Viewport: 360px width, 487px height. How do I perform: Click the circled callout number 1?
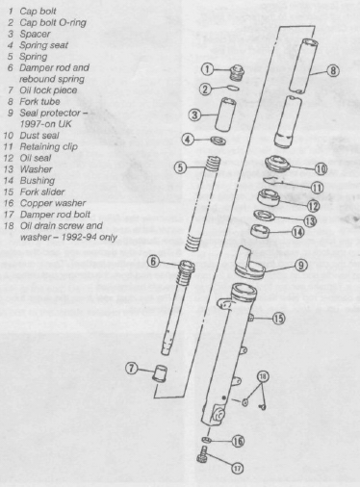(x=207, y=69)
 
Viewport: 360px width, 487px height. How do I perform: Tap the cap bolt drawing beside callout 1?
(x=237, y=72)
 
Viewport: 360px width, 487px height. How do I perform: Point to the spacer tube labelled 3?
(x=225, y=115)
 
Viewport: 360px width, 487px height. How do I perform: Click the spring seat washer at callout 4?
(x=219, y=141)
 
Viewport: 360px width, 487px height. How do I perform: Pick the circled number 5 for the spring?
(x=180, y=167)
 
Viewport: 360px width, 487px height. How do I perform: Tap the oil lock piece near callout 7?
(x=160, y=372)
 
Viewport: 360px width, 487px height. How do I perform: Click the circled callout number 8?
(x=333, y=70)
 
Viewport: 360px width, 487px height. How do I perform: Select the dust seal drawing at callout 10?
(x=278, y=164)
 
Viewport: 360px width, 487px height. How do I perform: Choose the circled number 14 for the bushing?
(x=298, y=232)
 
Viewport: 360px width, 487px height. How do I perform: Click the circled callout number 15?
(x=278, y=319)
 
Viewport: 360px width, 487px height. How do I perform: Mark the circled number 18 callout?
(x=263, y=376)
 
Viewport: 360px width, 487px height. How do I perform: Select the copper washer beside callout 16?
(x=207, y=439)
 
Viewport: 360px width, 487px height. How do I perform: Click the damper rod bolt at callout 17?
(x=203, y=454)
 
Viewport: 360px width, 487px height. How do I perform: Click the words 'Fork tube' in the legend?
(x=39, y=102)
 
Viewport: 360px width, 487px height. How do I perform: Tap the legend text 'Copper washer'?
(x=53, y=203)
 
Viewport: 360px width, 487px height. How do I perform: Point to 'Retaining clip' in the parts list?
(x=49, y=147)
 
